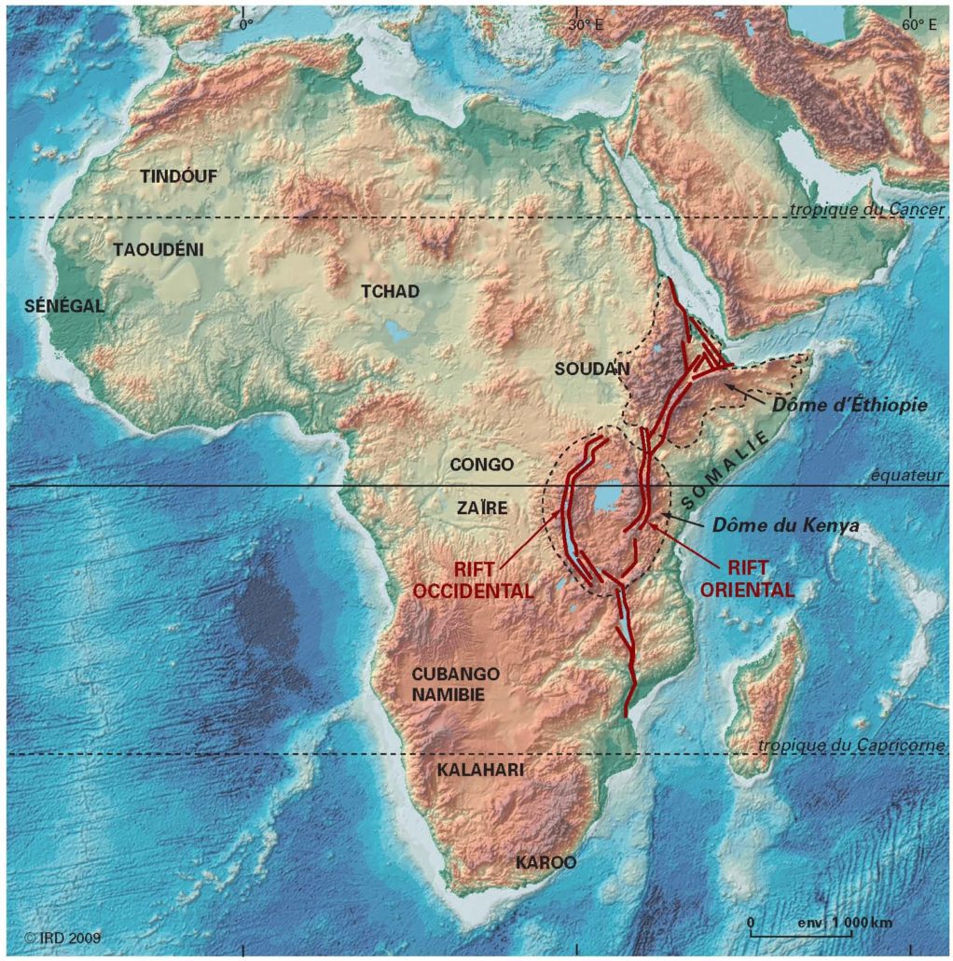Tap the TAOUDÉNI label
point(159,249)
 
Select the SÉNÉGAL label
point(63,306)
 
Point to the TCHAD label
point(390,291)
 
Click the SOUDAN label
point(592,369)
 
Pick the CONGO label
point(481,464)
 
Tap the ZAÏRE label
point(482,508)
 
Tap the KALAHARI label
point(480,770)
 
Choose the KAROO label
point(546,863)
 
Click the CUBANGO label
point(457,674)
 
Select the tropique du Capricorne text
point(851,745)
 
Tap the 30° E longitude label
point(587,25)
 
